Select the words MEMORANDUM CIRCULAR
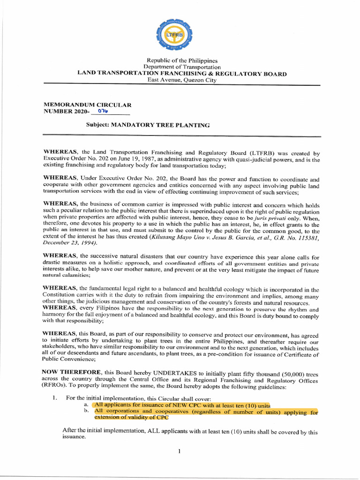[x=88, y=105]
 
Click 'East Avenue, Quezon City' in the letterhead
[x=182, y=80]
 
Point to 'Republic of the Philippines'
[x=182, y=60]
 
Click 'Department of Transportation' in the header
[x=182, y=67]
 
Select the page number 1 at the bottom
[x=180, y=451]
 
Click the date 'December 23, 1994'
[x=70, y=243]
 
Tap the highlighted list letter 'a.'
[x=86, y=405]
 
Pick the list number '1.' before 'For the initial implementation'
[x=55, y=397]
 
